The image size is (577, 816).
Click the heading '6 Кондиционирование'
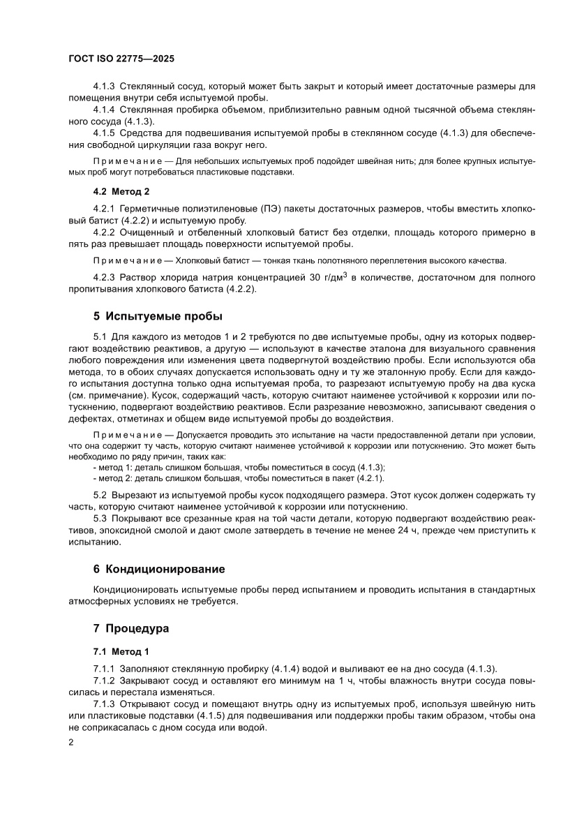pyautogui.click(x=160, y=569)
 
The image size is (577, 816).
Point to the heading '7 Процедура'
pyautogui.click(x=132, y=628)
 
